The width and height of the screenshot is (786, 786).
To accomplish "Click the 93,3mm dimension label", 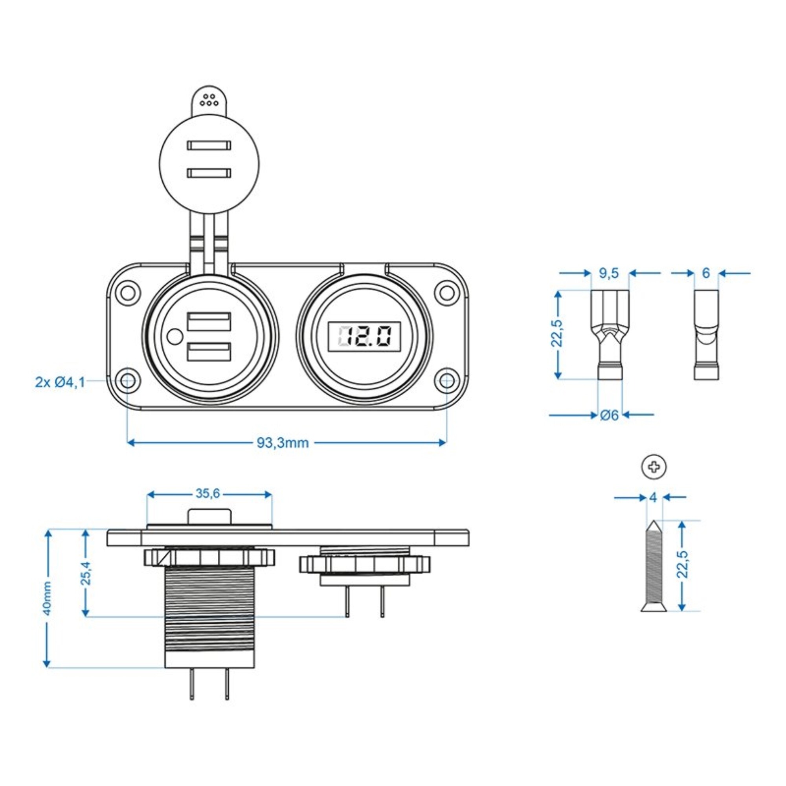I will (x=282, y=443).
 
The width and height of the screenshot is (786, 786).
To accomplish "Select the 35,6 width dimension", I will (x=208, y=494).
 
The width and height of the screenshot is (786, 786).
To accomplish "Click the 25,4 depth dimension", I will (x=85, y=573).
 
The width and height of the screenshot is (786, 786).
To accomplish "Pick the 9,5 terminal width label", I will (x=609, y=274).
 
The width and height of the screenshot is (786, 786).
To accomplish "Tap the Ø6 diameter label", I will (x=609, y=415).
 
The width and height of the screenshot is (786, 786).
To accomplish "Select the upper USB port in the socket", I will (x=209, y=321).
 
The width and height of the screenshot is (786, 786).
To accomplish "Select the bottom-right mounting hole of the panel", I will (x=446, y=381).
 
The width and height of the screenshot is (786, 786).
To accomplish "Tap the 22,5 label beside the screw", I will (x=683, y=564).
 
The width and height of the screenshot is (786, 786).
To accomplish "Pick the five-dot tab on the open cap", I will (x=209, y=100).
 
